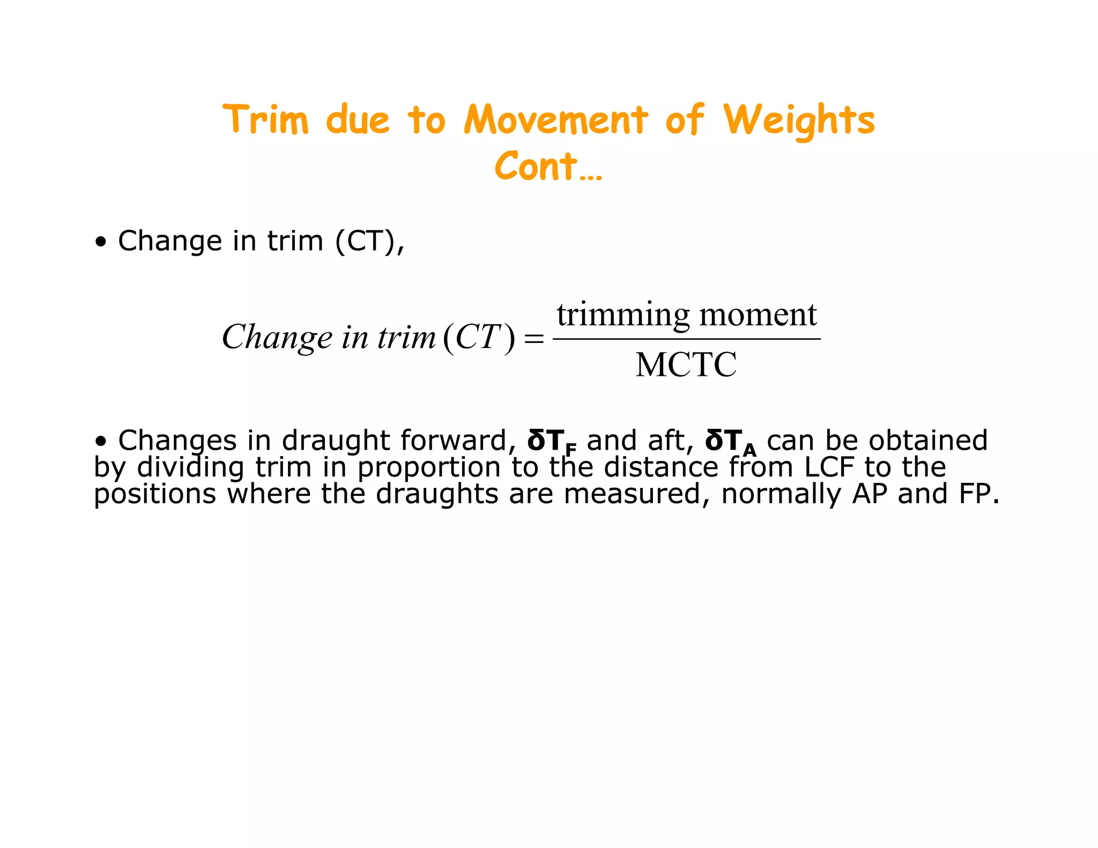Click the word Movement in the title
(556, 120)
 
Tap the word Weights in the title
(799, 121)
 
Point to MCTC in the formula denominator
(686, 365)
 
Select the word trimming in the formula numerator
(623, 315)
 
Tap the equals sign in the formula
(533, 339)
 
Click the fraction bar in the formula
(686, 339)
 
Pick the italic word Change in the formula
(277, 338)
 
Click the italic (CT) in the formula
(479, 338)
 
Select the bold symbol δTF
(552, 442)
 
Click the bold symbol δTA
(730, 442)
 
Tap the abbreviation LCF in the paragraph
(828, 467)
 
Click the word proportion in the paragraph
(429, 467)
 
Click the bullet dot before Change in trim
(100, 242)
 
